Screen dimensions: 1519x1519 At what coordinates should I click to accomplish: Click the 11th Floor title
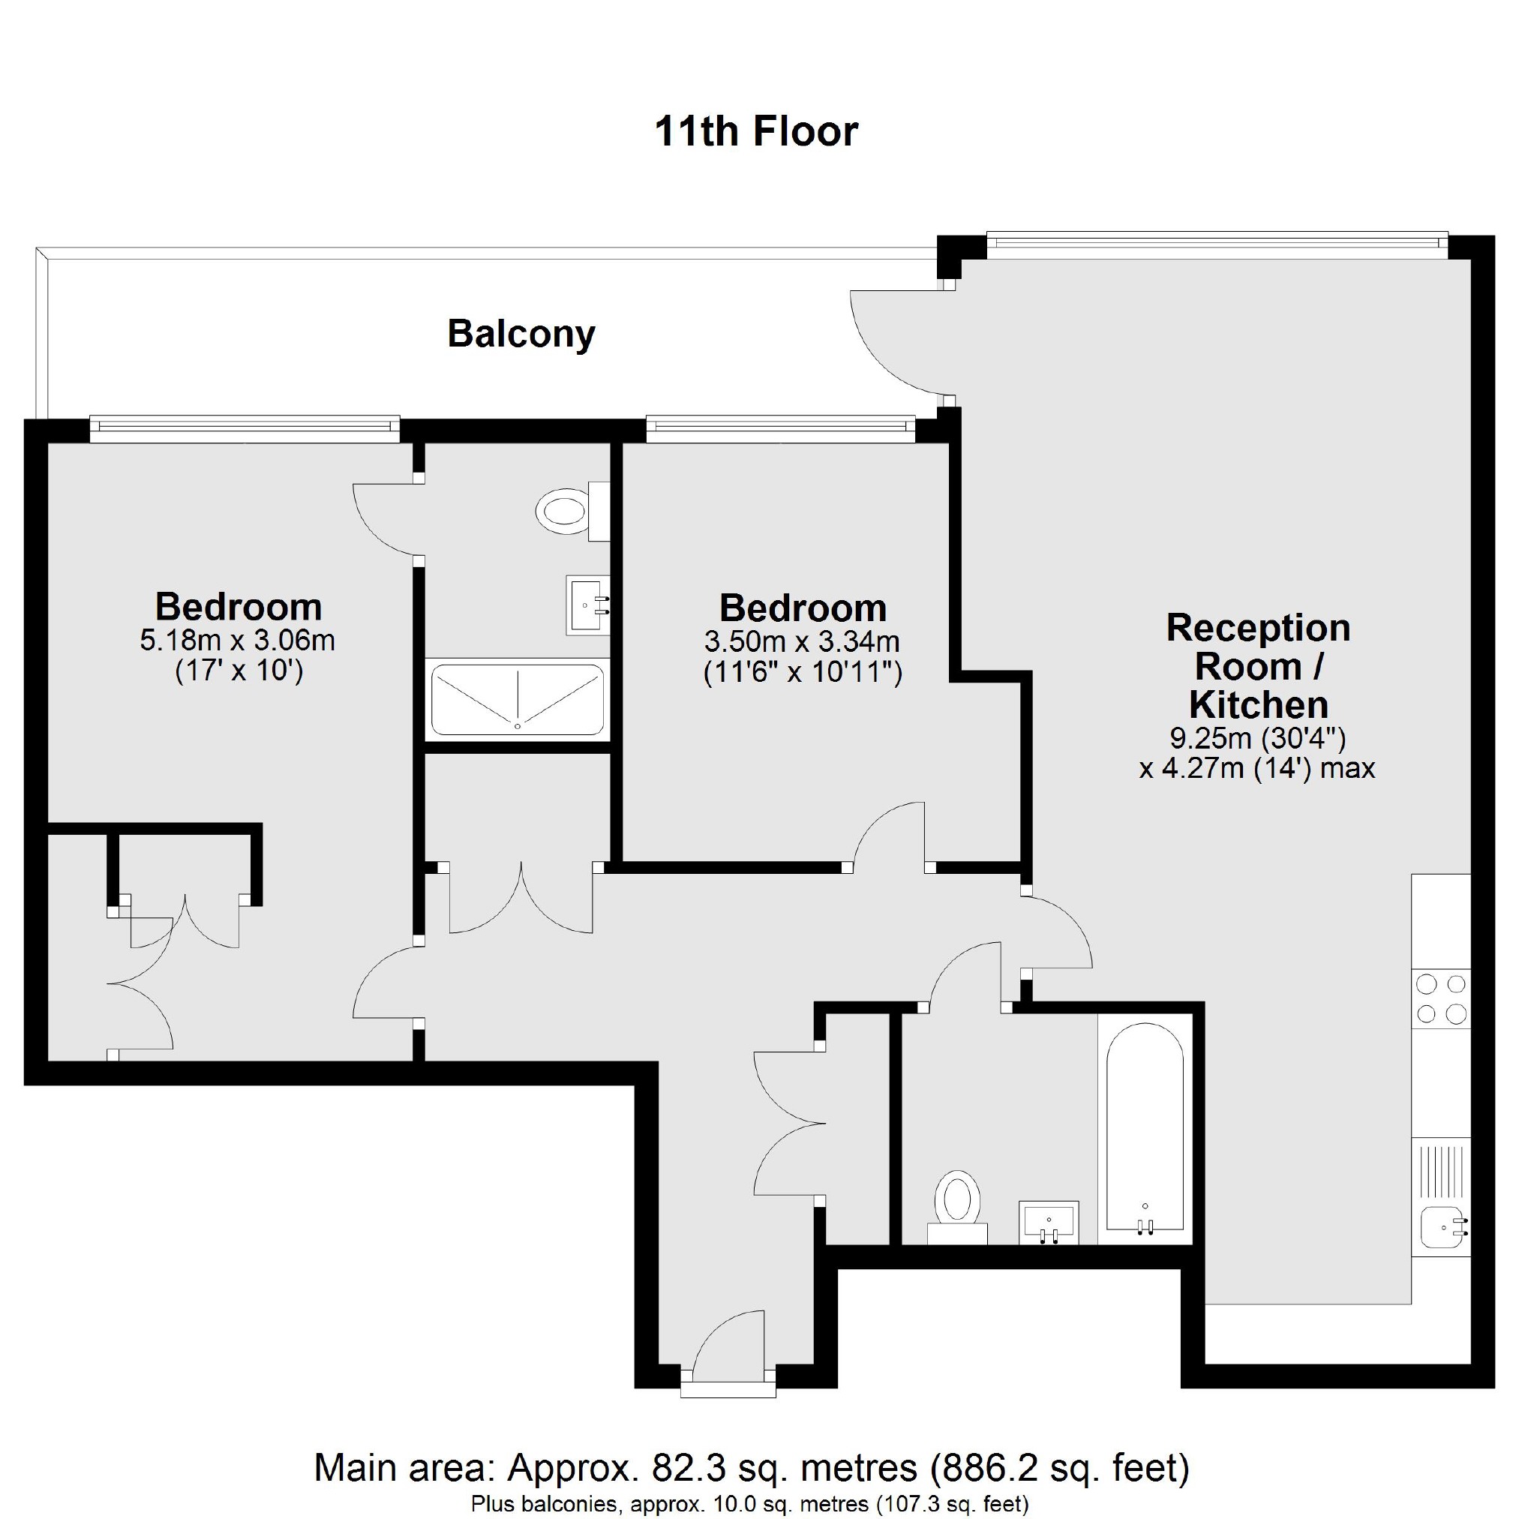[755, 131]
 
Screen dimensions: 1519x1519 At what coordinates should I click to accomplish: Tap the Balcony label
[521, 333]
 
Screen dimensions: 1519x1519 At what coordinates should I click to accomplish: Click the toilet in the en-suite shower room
[563, 512]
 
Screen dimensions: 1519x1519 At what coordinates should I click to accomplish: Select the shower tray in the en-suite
[518, 700]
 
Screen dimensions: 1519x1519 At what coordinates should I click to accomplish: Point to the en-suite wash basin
[587, 605]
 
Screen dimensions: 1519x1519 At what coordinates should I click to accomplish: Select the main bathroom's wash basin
[1049, 1223]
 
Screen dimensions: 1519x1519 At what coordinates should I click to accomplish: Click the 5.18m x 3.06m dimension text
[238, 641]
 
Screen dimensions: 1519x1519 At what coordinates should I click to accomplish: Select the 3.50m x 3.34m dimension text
[802, 642]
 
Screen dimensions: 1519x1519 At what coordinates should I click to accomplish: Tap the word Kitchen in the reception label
[1258, 704]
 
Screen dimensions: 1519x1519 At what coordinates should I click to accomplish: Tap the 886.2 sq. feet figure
[1060, 1467]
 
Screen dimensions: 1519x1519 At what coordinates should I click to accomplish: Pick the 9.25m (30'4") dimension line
[1258, 738]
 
